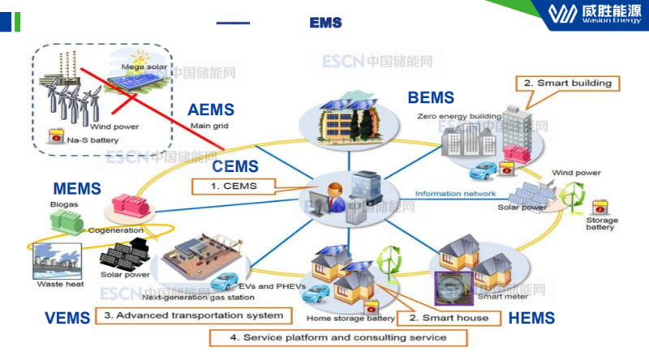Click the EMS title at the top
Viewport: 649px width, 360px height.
tap(325, 23)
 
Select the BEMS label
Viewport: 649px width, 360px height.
tap(431, 98)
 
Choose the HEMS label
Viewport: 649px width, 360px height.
tap(531, 319)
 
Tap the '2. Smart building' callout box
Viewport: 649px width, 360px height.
tap(567, 83)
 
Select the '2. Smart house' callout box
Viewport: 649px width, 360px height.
tap(449, 318)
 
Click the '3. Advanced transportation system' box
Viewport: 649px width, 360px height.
tap(192, 314)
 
